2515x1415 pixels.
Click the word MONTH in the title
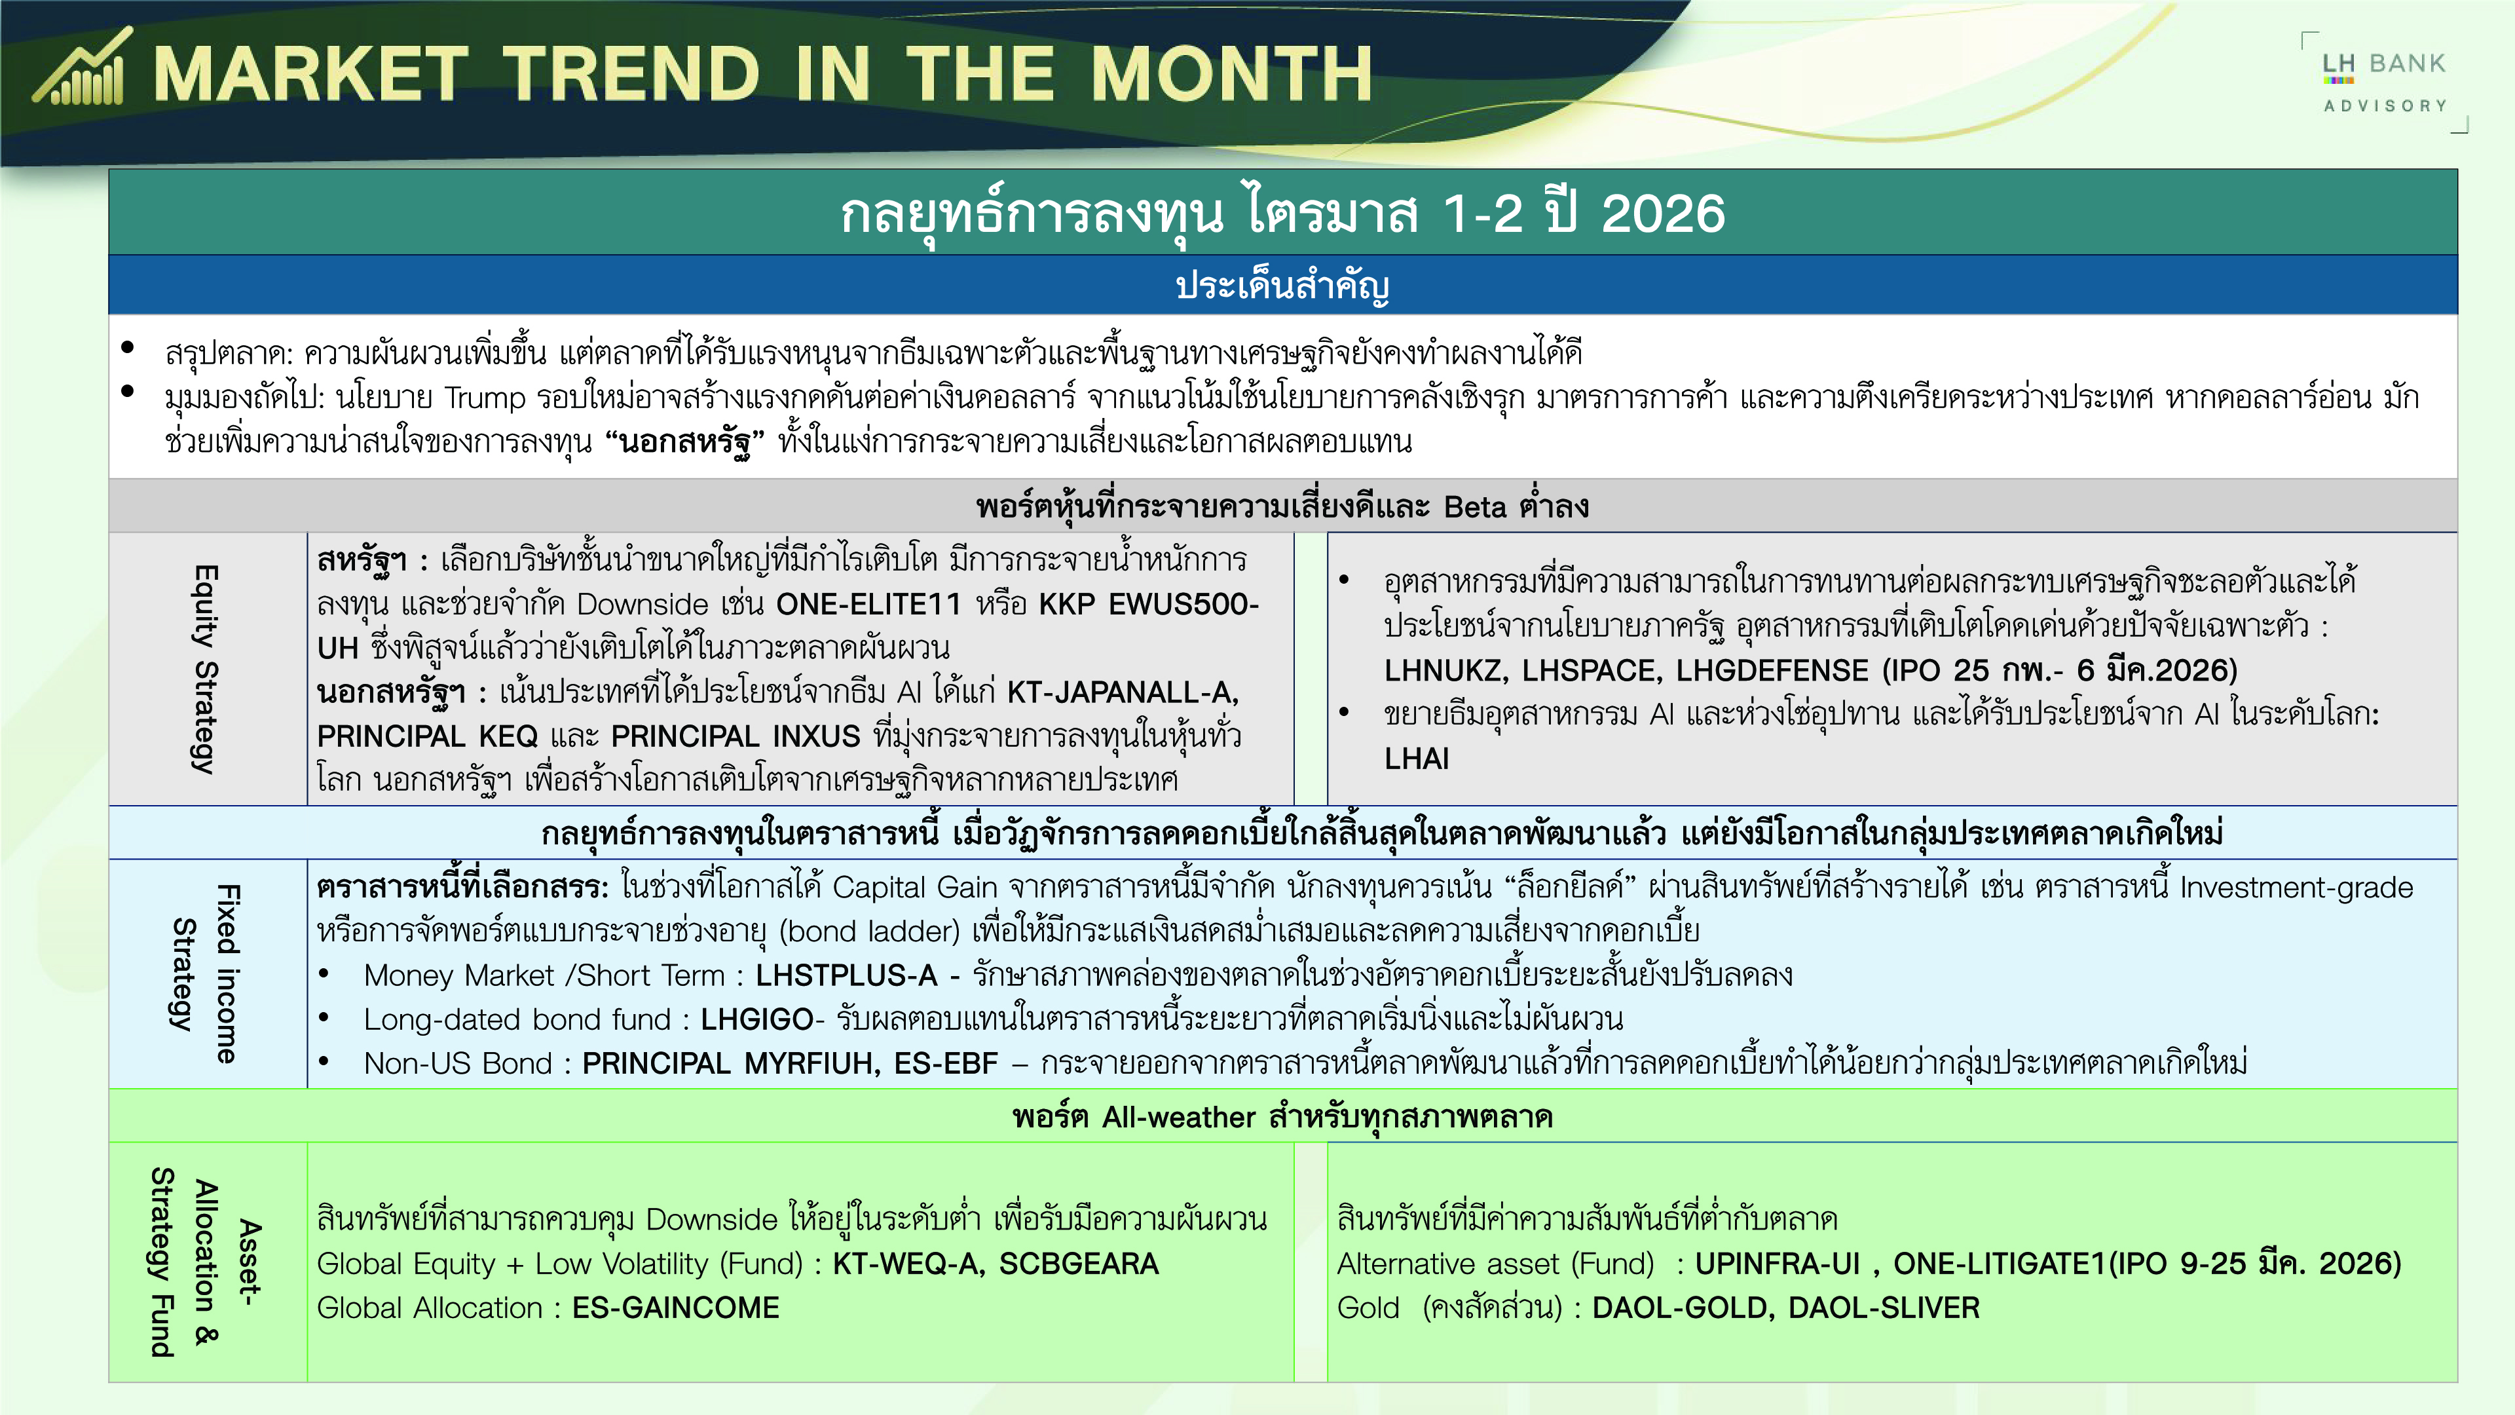point(1231,74)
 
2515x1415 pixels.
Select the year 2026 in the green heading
point(1663,214)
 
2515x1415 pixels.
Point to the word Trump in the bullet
point(485,398)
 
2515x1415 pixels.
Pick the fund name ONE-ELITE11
point(869,605)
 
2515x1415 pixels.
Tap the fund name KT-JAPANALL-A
point(1123,692)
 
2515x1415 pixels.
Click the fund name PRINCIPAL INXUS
point(736,736)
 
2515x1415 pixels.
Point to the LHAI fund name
point(1417,759)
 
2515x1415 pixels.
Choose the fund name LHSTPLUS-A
point(846,975)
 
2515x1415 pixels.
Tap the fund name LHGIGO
point(756,1019)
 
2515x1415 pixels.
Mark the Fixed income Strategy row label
point(204,973)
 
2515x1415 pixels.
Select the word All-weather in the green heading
point(1178,1117)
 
